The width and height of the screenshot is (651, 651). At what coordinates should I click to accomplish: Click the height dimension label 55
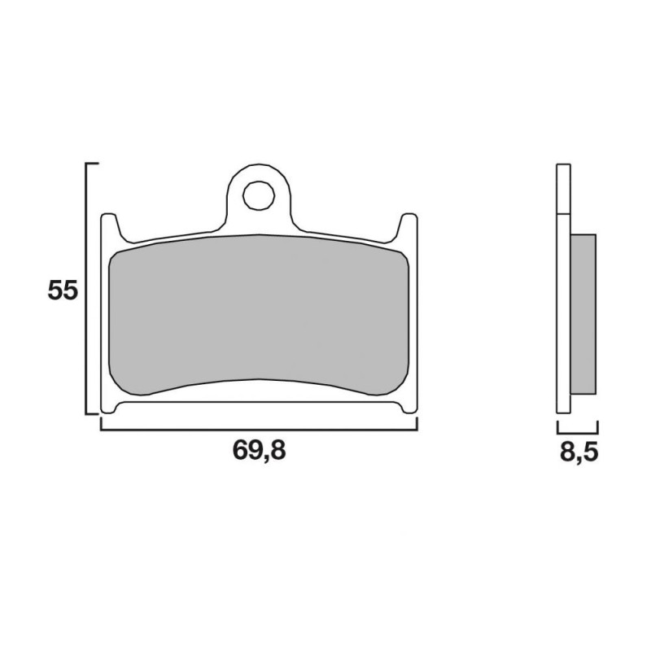tap(63, 291)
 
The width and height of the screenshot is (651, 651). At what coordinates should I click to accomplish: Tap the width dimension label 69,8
tap(259, 450)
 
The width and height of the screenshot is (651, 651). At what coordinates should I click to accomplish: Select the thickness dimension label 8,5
tap(579, 452)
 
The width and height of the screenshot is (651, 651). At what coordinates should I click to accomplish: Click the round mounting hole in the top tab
tap(259, 195)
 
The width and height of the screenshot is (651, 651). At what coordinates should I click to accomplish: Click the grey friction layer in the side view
tap(583, 314)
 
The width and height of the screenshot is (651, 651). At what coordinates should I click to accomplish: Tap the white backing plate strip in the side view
tap(563, 289)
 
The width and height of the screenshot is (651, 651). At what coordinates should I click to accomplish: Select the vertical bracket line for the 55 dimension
tap(86, 289)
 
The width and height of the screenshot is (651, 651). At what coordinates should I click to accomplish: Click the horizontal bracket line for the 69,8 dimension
tap(259, 430)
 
